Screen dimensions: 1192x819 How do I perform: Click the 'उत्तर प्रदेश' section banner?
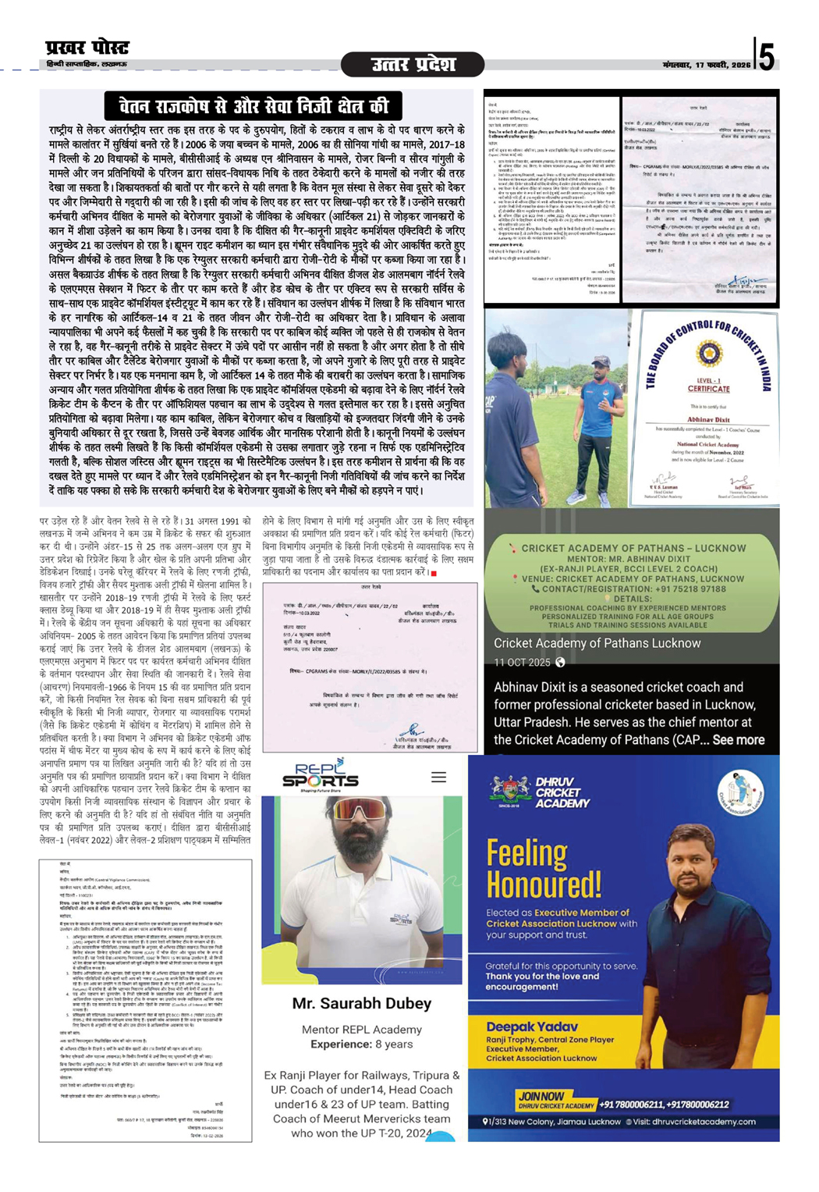tap(413, 65)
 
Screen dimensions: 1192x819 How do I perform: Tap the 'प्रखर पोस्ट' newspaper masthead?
tap(87, 48)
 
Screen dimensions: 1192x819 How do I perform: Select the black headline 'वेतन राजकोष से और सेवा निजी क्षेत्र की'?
tap(253, 106)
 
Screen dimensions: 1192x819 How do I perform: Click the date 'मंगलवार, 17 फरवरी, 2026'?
tap(706, 65)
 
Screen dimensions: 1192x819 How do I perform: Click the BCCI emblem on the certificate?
tap(709, 354)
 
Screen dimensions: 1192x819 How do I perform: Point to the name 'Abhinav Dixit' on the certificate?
tap(708, 419)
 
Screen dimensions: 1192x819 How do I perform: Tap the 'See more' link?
tap(738, 739)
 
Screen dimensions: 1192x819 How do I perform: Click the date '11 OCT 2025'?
tap(522, 662)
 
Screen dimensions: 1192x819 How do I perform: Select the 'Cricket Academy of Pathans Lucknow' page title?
tap(597, 643)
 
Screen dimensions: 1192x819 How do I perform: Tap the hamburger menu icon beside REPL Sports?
tap(439, 777)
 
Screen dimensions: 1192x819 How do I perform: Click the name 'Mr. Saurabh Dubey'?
tap(361, 1003)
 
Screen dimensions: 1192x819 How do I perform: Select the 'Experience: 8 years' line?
tap(361, 1044)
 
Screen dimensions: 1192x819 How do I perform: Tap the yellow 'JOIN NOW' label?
tap(541, 1096)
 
